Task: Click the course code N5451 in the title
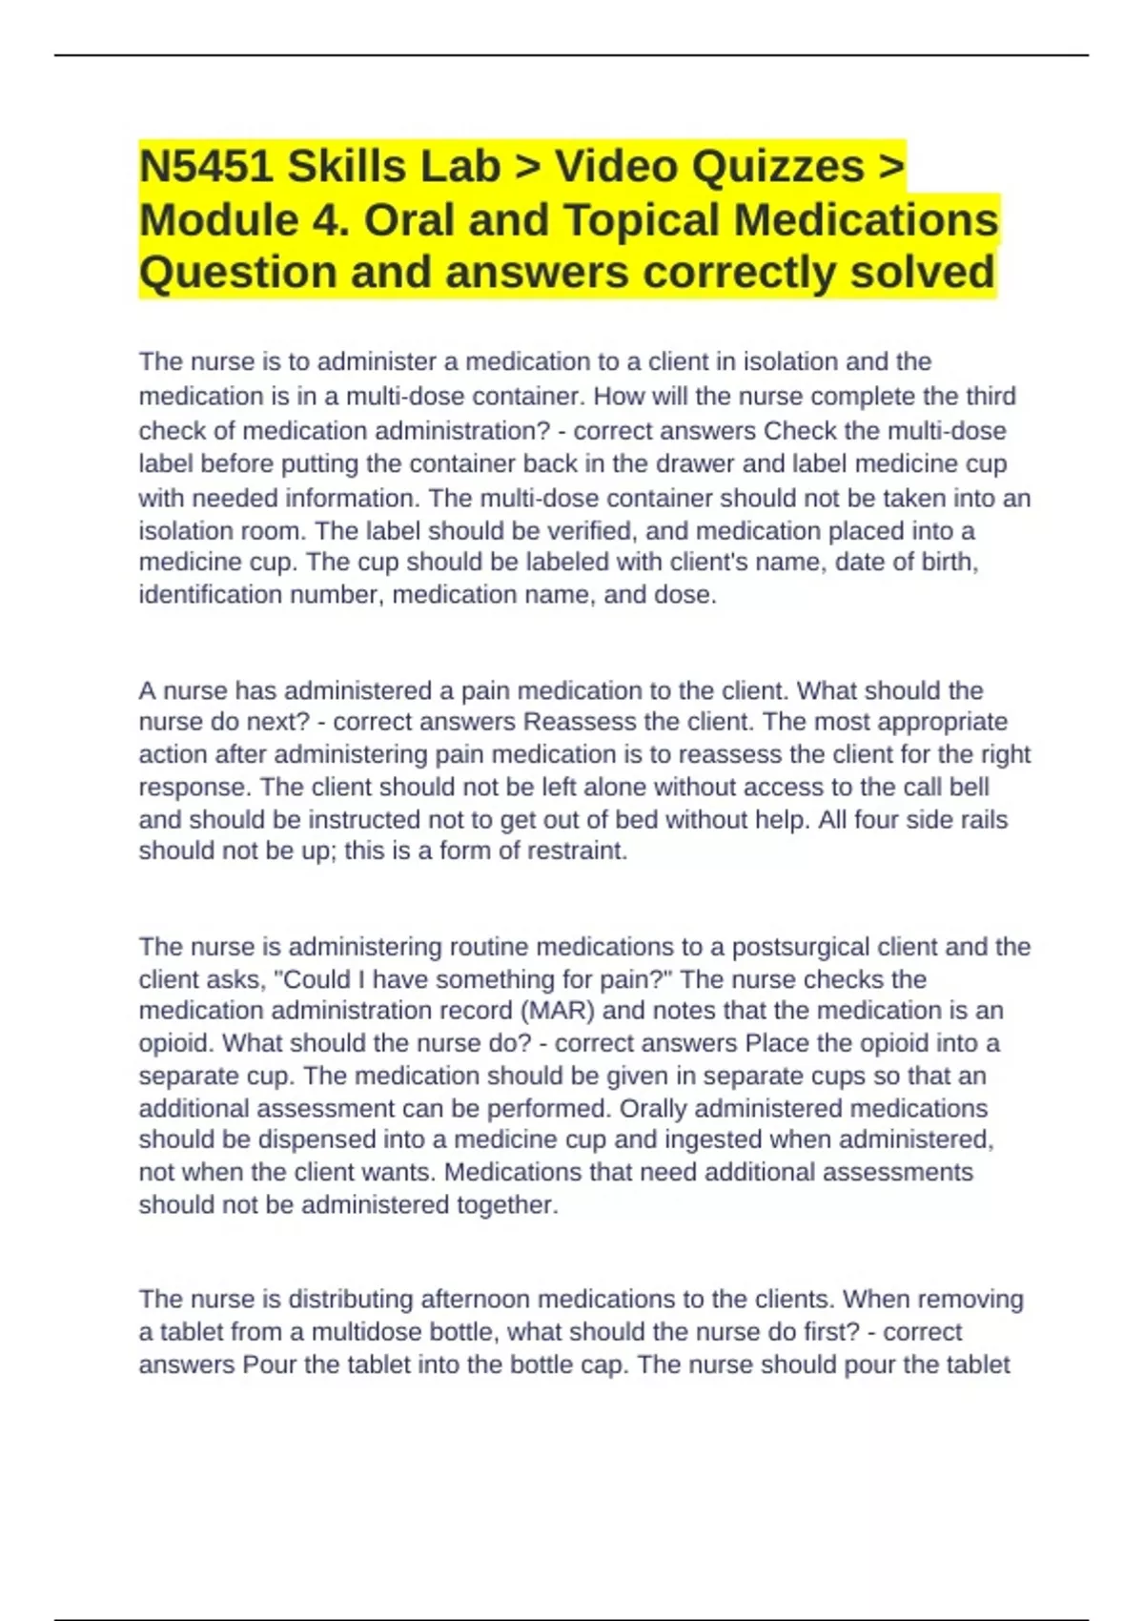click(204, 167)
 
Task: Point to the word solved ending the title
click(922, 272)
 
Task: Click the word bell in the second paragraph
click(970, 787)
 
